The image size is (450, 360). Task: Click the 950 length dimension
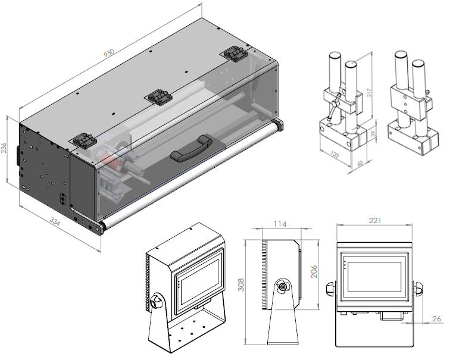(109, 53)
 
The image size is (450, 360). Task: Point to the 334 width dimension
(55, 222)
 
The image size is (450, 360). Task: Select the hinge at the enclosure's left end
(83, 141)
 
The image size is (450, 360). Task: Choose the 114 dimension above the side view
(280, 224)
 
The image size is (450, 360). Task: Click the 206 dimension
(313, 272)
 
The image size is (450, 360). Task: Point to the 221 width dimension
(375, 220)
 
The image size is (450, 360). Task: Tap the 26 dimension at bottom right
(436, 319)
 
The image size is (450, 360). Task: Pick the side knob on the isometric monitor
(158, 302)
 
